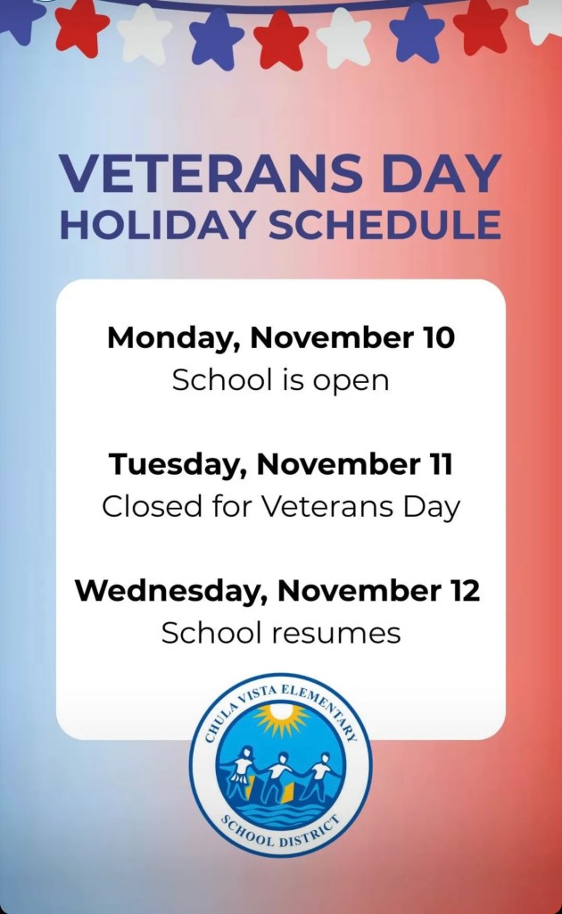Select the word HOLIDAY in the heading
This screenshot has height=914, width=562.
point(157,224)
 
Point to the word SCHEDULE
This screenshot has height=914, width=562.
point(384,224)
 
